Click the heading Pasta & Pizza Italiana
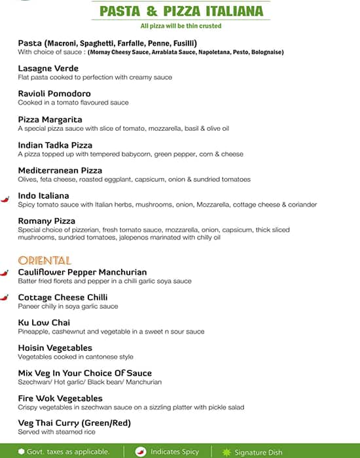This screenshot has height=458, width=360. click(x=181, y=11)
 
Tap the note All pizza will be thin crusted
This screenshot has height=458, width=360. click(x=181, y=26)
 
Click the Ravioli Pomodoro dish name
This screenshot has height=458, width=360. click(x=54, y=94)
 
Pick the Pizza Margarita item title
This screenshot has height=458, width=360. click(x=50, y=120)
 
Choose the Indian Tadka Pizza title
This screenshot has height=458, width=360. click(x=55, y=145)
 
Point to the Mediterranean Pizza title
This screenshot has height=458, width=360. click(x=60, y=170)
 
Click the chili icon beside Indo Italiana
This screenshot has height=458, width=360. click(x=5, y=197)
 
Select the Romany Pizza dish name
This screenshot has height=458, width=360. click(x=46, y=221)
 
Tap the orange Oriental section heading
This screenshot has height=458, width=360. click(x=44, y=260)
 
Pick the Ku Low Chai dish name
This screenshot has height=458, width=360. click(x=44, y=323)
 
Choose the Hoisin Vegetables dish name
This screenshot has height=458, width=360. click(x=55, y=348)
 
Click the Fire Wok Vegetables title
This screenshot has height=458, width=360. click(x=60, y=398)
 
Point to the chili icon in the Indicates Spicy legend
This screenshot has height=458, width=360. click(x=140, y=451)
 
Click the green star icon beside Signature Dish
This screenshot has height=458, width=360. click(x=227, y=451)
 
